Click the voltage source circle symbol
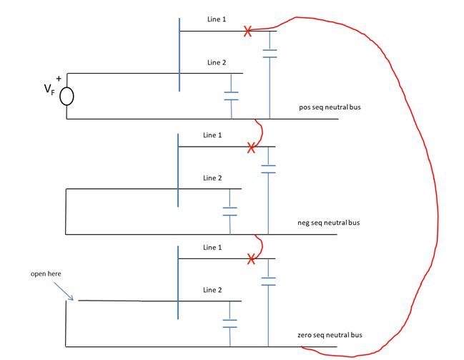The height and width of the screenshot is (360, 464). tap(66, 96)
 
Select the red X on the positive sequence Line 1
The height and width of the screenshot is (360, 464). tap(247, 31)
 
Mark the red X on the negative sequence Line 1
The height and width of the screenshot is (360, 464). tap(250, 147)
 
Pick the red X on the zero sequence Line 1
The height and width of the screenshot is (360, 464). tap(250, 259)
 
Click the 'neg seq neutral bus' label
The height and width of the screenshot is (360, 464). tap(330, 223)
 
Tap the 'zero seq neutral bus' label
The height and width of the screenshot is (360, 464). tap(330, 335)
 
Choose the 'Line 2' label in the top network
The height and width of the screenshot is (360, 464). tap(217, 63)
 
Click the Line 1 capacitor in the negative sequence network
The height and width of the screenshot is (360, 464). tap(268, 169)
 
